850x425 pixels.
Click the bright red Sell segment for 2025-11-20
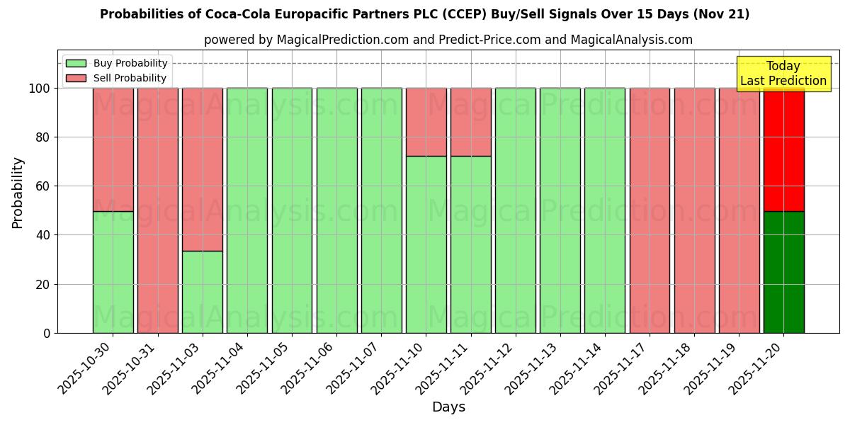[x=783, y=149]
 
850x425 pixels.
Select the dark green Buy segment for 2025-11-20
[x=783, y=272]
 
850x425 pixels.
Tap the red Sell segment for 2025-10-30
[x=113, y=149]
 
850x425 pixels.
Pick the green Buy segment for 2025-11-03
[x=203, y=292]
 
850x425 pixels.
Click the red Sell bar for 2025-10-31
[x=157, y=210]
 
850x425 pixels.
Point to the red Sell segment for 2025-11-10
[x=426, y=122]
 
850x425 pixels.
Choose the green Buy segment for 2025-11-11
[x=470, y=244]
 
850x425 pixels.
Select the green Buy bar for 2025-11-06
[x=336, y=210]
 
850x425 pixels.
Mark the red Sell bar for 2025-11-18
[x=694, y=210]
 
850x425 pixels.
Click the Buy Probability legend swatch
[x=76, y=64]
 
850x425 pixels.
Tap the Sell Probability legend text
[x=130, y=79]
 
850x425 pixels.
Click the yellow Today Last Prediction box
[x=783, y=74]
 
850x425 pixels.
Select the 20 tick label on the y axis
[x=42, y=285]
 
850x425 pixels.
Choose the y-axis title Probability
[x=18, y=192]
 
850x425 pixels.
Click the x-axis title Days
[x=448, y=407]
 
